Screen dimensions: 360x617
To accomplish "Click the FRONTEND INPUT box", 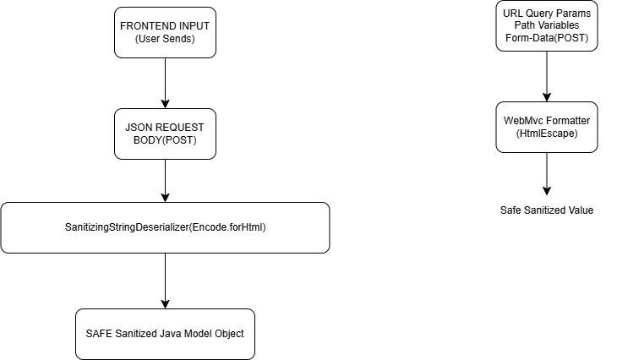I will coord(165,32).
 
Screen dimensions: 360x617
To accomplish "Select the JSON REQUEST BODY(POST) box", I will coord(165,134).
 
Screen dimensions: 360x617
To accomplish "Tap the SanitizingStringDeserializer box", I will coord(165,227).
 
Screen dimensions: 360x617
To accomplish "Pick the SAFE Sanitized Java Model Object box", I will coord(165,333).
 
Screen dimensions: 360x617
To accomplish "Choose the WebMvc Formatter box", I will coord(547,128).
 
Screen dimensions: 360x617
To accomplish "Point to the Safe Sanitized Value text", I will coord(547,210).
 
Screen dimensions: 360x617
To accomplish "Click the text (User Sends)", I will coord(165,39).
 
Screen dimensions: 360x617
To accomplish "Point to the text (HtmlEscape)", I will coord(547,134).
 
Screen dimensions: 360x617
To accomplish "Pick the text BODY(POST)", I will coord(165,140).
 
